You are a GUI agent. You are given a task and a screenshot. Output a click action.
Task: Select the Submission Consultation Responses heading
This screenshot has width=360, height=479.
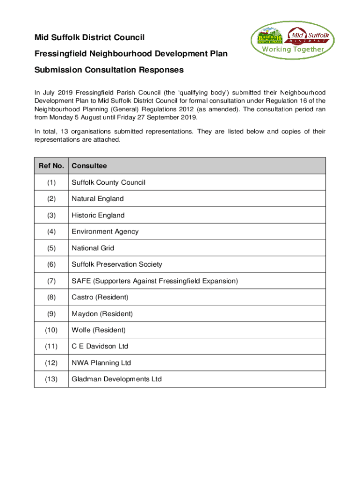(x=109, y=70)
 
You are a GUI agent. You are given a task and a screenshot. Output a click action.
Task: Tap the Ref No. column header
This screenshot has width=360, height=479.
(x=51, y=166)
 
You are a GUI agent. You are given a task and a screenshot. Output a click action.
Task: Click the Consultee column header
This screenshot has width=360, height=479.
(x=89, y=166)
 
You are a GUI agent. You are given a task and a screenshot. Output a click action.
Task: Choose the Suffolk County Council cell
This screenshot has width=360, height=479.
(x=108, y=182)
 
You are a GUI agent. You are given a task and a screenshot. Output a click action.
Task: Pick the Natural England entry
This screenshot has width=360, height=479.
(x=97, y=199)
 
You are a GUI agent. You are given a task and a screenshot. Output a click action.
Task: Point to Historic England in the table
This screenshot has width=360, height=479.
(x=98, y=215)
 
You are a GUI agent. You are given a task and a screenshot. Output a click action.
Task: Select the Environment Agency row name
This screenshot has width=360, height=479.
(x=105, y=232)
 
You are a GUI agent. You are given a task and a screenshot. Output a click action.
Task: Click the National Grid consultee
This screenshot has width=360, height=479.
(x=93, y=248)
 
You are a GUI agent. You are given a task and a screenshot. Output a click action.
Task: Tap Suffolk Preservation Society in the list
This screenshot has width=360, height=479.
(x=116, y=264)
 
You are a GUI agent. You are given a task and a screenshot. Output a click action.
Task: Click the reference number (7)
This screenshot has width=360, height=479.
(x=51, y=281)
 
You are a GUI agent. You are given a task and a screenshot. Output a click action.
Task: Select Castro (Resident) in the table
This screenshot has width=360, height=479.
(x=100, y=297)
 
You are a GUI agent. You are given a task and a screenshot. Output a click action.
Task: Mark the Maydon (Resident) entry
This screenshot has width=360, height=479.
(x=102, y=313)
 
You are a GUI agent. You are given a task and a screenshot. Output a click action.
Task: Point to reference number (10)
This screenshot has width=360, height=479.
(x=51, y=330)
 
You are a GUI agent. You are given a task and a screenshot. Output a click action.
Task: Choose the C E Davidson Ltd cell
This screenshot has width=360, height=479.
(x=100, y=347)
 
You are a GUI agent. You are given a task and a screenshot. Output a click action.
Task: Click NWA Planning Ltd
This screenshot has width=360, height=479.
(x=101, y=363)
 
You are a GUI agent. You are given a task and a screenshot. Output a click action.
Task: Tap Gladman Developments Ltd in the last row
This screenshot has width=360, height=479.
(x=116, y=379)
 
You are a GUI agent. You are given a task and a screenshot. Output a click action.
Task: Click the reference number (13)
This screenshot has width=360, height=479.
(x=51, y=379)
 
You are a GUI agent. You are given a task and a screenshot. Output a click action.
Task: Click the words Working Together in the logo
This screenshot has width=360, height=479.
(x=292, y=49)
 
